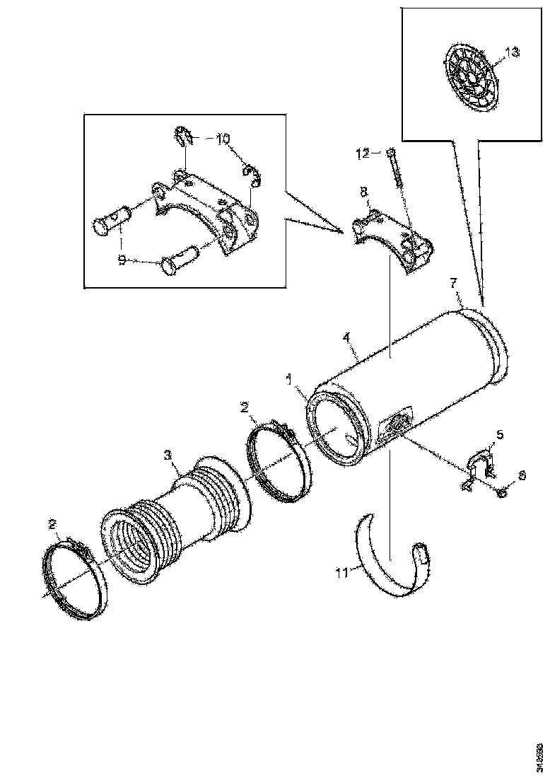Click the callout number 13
point(512,52)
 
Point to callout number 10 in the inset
point(223,139)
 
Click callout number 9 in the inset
point(122,260)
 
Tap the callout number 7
point(455,284)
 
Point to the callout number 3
point(168,455)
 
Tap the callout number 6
point(521,477)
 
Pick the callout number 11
point(342,572)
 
